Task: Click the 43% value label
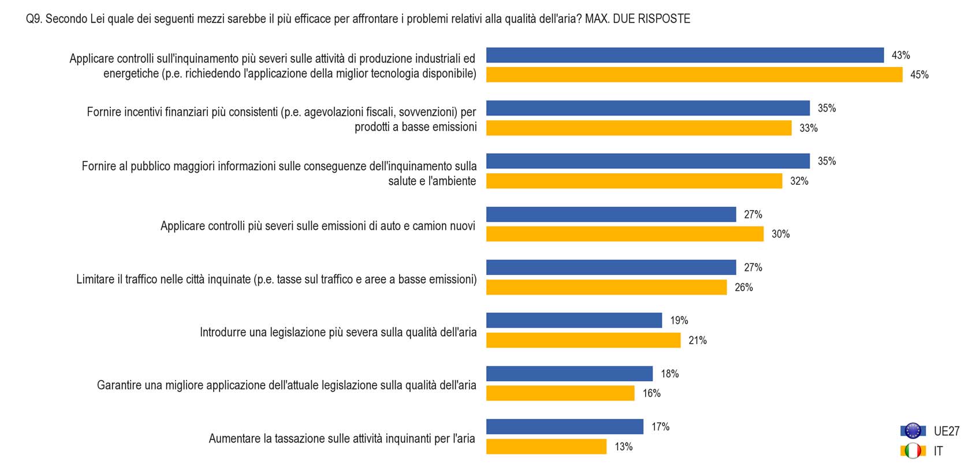click(x=900, y=55)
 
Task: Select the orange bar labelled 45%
click(x=694, y=75)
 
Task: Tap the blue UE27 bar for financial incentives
click(x=647, y=108)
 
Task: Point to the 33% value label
click(x=808, y=128)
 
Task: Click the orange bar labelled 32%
click(x=634, y=181)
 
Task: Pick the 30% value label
click(x=780, y=234)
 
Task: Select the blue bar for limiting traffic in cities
click(x=610, y=267)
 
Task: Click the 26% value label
click(x=743, y=287)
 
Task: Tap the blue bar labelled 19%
click(x=573, y=321)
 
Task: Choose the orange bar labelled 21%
click(x=583, y=340)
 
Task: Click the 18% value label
click(x=669, y=374)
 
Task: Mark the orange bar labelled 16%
click(x=560, y=393)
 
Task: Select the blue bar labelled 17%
click(x=564, y=427)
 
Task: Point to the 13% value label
click(x=623, y=447)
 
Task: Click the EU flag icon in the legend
click(x=913, y=431)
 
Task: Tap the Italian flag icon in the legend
click(x=913, y=451)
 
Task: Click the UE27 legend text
click(x=946, y=431)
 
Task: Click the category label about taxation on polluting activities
click(x=341, y=438)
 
